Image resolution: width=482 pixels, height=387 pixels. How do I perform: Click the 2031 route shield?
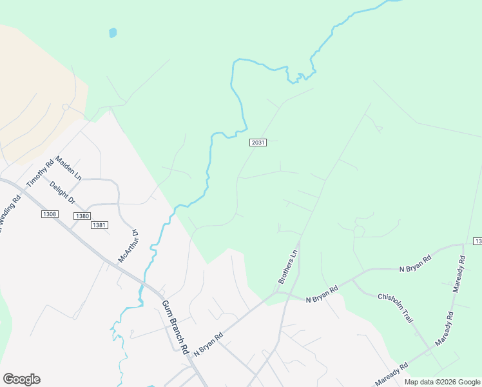(x=258, y=143)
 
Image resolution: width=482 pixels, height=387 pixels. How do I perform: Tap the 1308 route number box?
(x=49, y=214)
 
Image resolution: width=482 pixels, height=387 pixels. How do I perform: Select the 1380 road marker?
(x=82, y=216)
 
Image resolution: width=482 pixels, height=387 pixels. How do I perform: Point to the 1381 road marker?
(x=99, y=224)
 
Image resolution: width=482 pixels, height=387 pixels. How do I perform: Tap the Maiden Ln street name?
(x=69, y=167)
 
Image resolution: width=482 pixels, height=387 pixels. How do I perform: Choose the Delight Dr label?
(x=63, y=192)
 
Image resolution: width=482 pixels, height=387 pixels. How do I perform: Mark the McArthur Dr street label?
(x=128, y=245)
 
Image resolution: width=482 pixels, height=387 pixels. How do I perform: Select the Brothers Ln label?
(x=287, y=268)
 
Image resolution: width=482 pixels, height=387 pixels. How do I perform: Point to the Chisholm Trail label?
(x=395, y=306)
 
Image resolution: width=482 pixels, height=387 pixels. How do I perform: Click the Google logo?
(x=21, y=379)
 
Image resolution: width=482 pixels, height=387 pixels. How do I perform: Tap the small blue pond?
(x=113, y=32)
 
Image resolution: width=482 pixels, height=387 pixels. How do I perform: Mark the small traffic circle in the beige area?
(x=65, y=107)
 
